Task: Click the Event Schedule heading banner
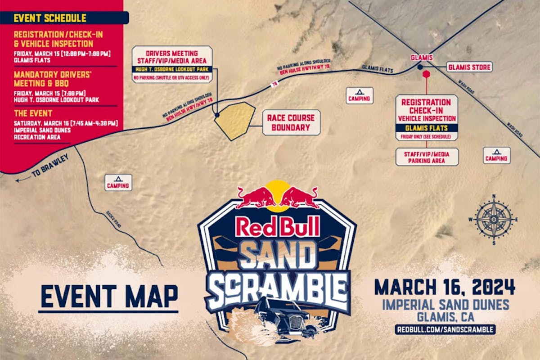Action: click(x=63, y=18)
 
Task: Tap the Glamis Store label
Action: click(x=469, y=67)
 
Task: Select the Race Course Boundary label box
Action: click(x=291, y=122)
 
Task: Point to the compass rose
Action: click(x=494, y=219)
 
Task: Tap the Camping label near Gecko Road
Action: click(x=118, y=182)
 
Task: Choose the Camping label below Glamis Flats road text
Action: click(x=360, y=95)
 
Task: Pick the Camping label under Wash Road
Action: click(x=497, y=155)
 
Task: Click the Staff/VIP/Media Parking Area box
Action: click(x=427, y=157)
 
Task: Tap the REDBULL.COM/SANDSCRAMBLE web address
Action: click(x=445, y=329)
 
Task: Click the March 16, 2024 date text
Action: click(x=445, y=287)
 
